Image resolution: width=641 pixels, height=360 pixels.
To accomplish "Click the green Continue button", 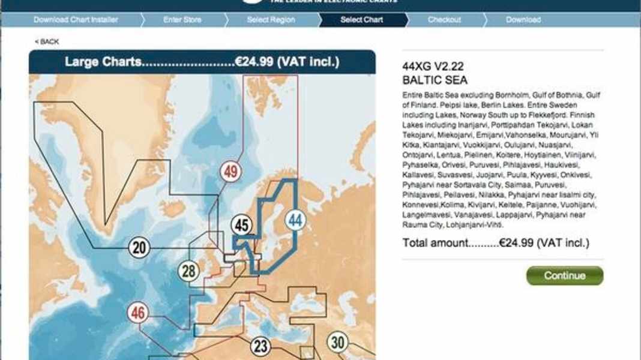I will (564, 276).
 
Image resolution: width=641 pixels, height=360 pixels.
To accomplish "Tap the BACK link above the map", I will (47, 41).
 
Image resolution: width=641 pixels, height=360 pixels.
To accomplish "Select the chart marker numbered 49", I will (230, 172).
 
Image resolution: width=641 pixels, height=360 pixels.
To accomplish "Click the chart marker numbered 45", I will (242, 226).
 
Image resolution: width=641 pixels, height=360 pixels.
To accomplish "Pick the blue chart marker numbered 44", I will (295, 221).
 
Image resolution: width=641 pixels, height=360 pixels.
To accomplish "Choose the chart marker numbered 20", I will (139, 247).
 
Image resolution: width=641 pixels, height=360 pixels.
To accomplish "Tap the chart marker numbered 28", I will (188, 271).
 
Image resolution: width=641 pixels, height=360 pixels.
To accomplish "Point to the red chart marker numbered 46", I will (139, 313).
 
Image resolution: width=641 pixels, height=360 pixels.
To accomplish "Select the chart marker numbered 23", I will (260, 346).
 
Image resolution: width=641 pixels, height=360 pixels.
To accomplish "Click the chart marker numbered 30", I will (338, 343).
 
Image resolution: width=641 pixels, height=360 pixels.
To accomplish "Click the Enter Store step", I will (182, 20).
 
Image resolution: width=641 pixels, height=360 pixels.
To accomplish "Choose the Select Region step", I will (271, 20).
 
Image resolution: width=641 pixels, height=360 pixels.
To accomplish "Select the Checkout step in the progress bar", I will (444, 20).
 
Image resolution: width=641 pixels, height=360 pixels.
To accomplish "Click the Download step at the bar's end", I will (523, 20).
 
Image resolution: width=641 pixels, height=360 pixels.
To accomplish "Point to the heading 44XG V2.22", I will (433, 67).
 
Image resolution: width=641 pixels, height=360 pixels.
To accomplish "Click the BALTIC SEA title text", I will (435, 80).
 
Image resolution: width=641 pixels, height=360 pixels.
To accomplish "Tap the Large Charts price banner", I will (202, 62).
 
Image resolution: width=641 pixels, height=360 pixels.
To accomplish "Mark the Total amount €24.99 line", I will (496, 243).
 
